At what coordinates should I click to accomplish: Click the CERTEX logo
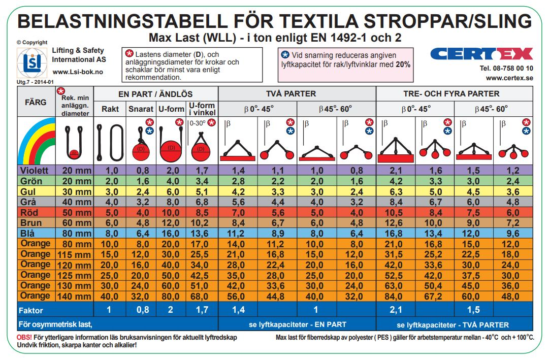click(x=481, y=54)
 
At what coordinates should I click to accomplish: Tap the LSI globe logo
click(x=32, y=62)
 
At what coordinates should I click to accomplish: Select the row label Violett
click(x=35, y=171)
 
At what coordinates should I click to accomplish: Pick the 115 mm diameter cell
click(x=74, y=254)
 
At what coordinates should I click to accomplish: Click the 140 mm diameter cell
click(x=74, y=296)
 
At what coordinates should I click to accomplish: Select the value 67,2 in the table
click(x=433, y=296)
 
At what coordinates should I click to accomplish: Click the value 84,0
click(x=394, y=296)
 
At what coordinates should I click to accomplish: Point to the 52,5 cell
click(x=394, y=276)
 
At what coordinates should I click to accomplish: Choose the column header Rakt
click(x=110, y=109)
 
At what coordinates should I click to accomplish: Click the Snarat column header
click(x=141, y=109)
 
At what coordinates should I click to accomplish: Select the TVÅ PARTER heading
click(x=291, y=94)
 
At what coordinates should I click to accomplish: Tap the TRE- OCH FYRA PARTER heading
click(x=451, y=94)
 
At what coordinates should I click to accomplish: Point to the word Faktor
click(x=31, y=310)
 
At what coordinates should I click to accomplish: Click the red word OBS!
click(x=24, y=338)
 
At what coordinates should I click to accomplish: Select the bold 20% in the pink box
click(x=403, y=64)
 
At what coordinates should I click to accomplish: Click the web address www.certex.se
click(x=509, y=78)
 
